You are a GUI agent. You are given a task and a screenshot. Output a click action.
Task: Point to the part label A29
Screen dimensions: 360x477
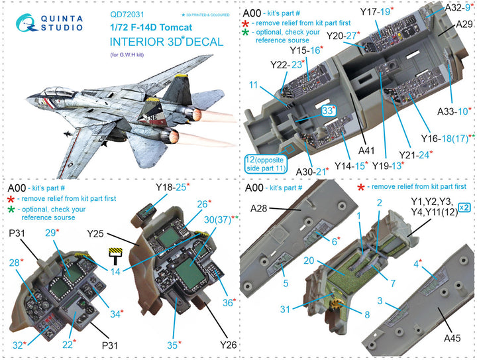click(x=463, y=24)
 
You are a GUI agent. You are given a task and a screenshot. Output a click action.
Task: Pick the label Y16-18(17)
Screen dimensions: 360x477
click(x=448, y=137)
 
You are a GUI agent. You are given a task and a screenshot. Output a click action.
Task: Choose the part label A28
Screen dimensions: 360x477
click(x=260, y=209)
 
